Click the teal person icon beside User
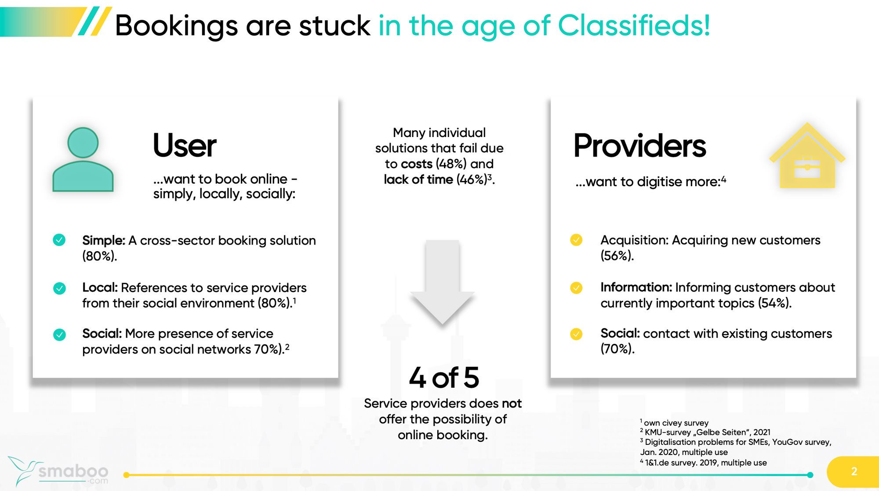coord(83,160)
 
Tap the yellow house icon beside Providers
coord(807,155)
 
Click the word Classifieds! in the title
coord(634,25)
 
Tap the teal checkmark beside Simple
coord(59,240)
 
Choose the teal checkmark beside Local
coord(59,288)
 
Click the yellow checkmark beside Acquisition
coord(576,240)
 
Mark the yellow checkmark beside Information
coord(576,288)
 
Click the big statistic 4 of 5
coord(444,378)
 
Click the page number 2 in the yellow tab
coord(854,471)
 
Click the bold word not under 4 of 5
coord(512,403)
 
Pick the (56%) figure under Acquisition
coord(617,256)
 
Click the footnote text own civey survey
coord(676,423)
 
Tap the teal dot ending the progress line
coord(810,475)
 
